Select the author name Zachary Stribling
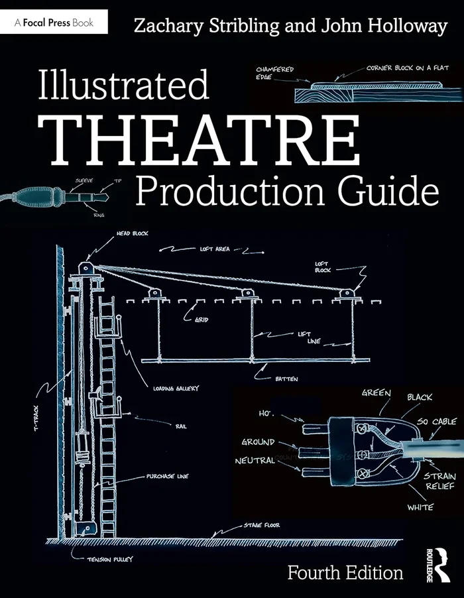pos(198,26)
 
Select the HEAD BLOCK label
pos(129,234)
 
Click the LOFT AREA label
pos(215,249)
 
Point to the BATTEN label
pos(287,379)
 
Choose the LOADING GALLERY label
pos(176,389)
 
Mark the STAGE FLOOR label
pos(261,525)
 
